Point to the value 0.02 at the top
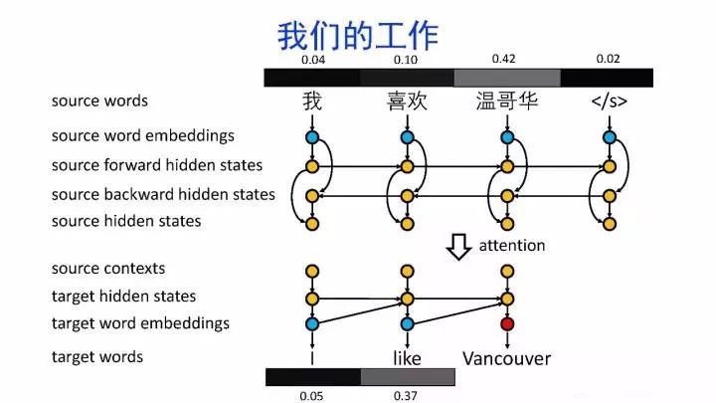pos(608,60)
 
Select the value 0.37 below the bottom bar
pos(407,396)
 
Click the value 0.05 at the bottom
pos(312,396)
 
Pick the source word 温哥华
pos(507,101)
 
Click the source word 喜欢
pos(407,101)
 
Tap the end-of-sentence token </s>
pos(609,101)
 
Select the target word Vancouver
pos(507,357)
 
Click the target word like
pos(407,357)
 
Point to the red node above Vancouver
pos(508,323)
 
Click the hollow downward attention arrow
pos(458,245)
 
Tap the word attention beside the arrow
pos(513,245)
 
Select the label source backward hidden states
pos(163,194)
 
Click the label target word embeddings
pos(140,323)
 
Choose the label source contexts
pos(108,269)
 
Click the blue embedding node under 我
pos(311,136)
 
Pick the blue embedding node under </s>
pos(609,136)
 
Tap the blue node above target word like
pos(407,323)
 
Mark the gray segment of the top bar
pos(506,78)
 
